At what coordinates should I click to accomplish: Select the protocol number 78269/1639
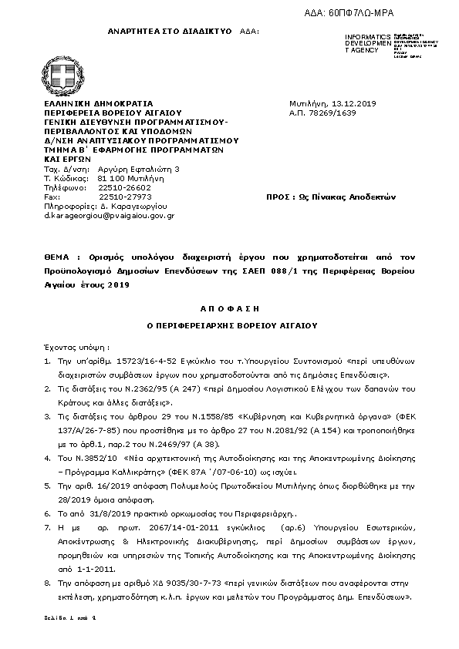[322, 113]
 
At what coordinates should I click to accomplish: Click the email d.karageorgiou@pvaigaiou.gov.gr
[109, 216]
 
